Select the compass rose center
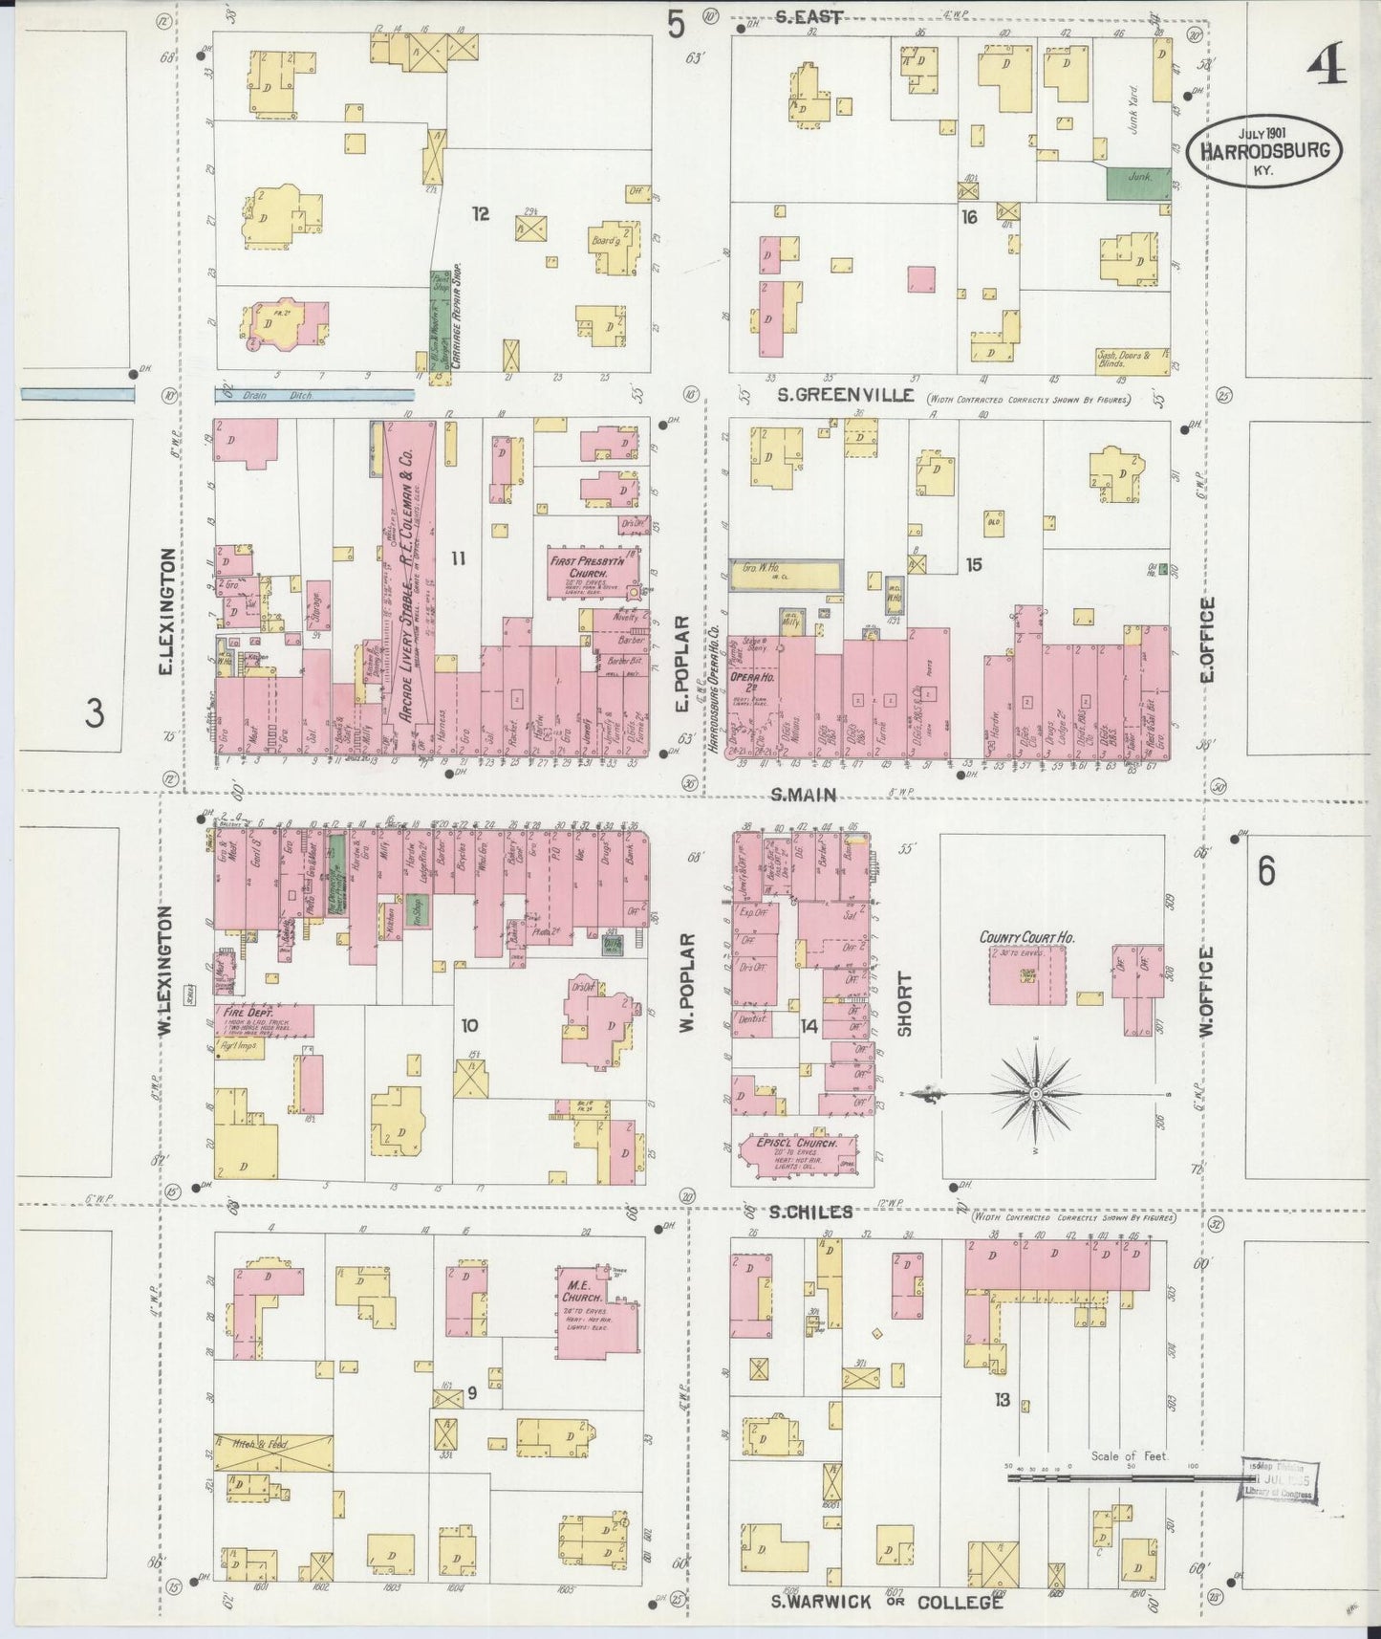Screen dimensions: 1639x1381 [1036, 1092]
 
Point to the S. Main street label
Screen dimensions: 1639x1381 [804, 794]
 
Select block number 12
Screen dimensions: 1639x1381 [479, 215]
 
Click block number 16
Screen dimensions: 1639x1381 [970, 217]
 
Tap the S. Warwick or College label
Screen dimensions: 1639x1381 [888, 1602]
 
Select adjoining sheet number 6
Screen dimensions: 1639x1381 [1265, 872]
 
